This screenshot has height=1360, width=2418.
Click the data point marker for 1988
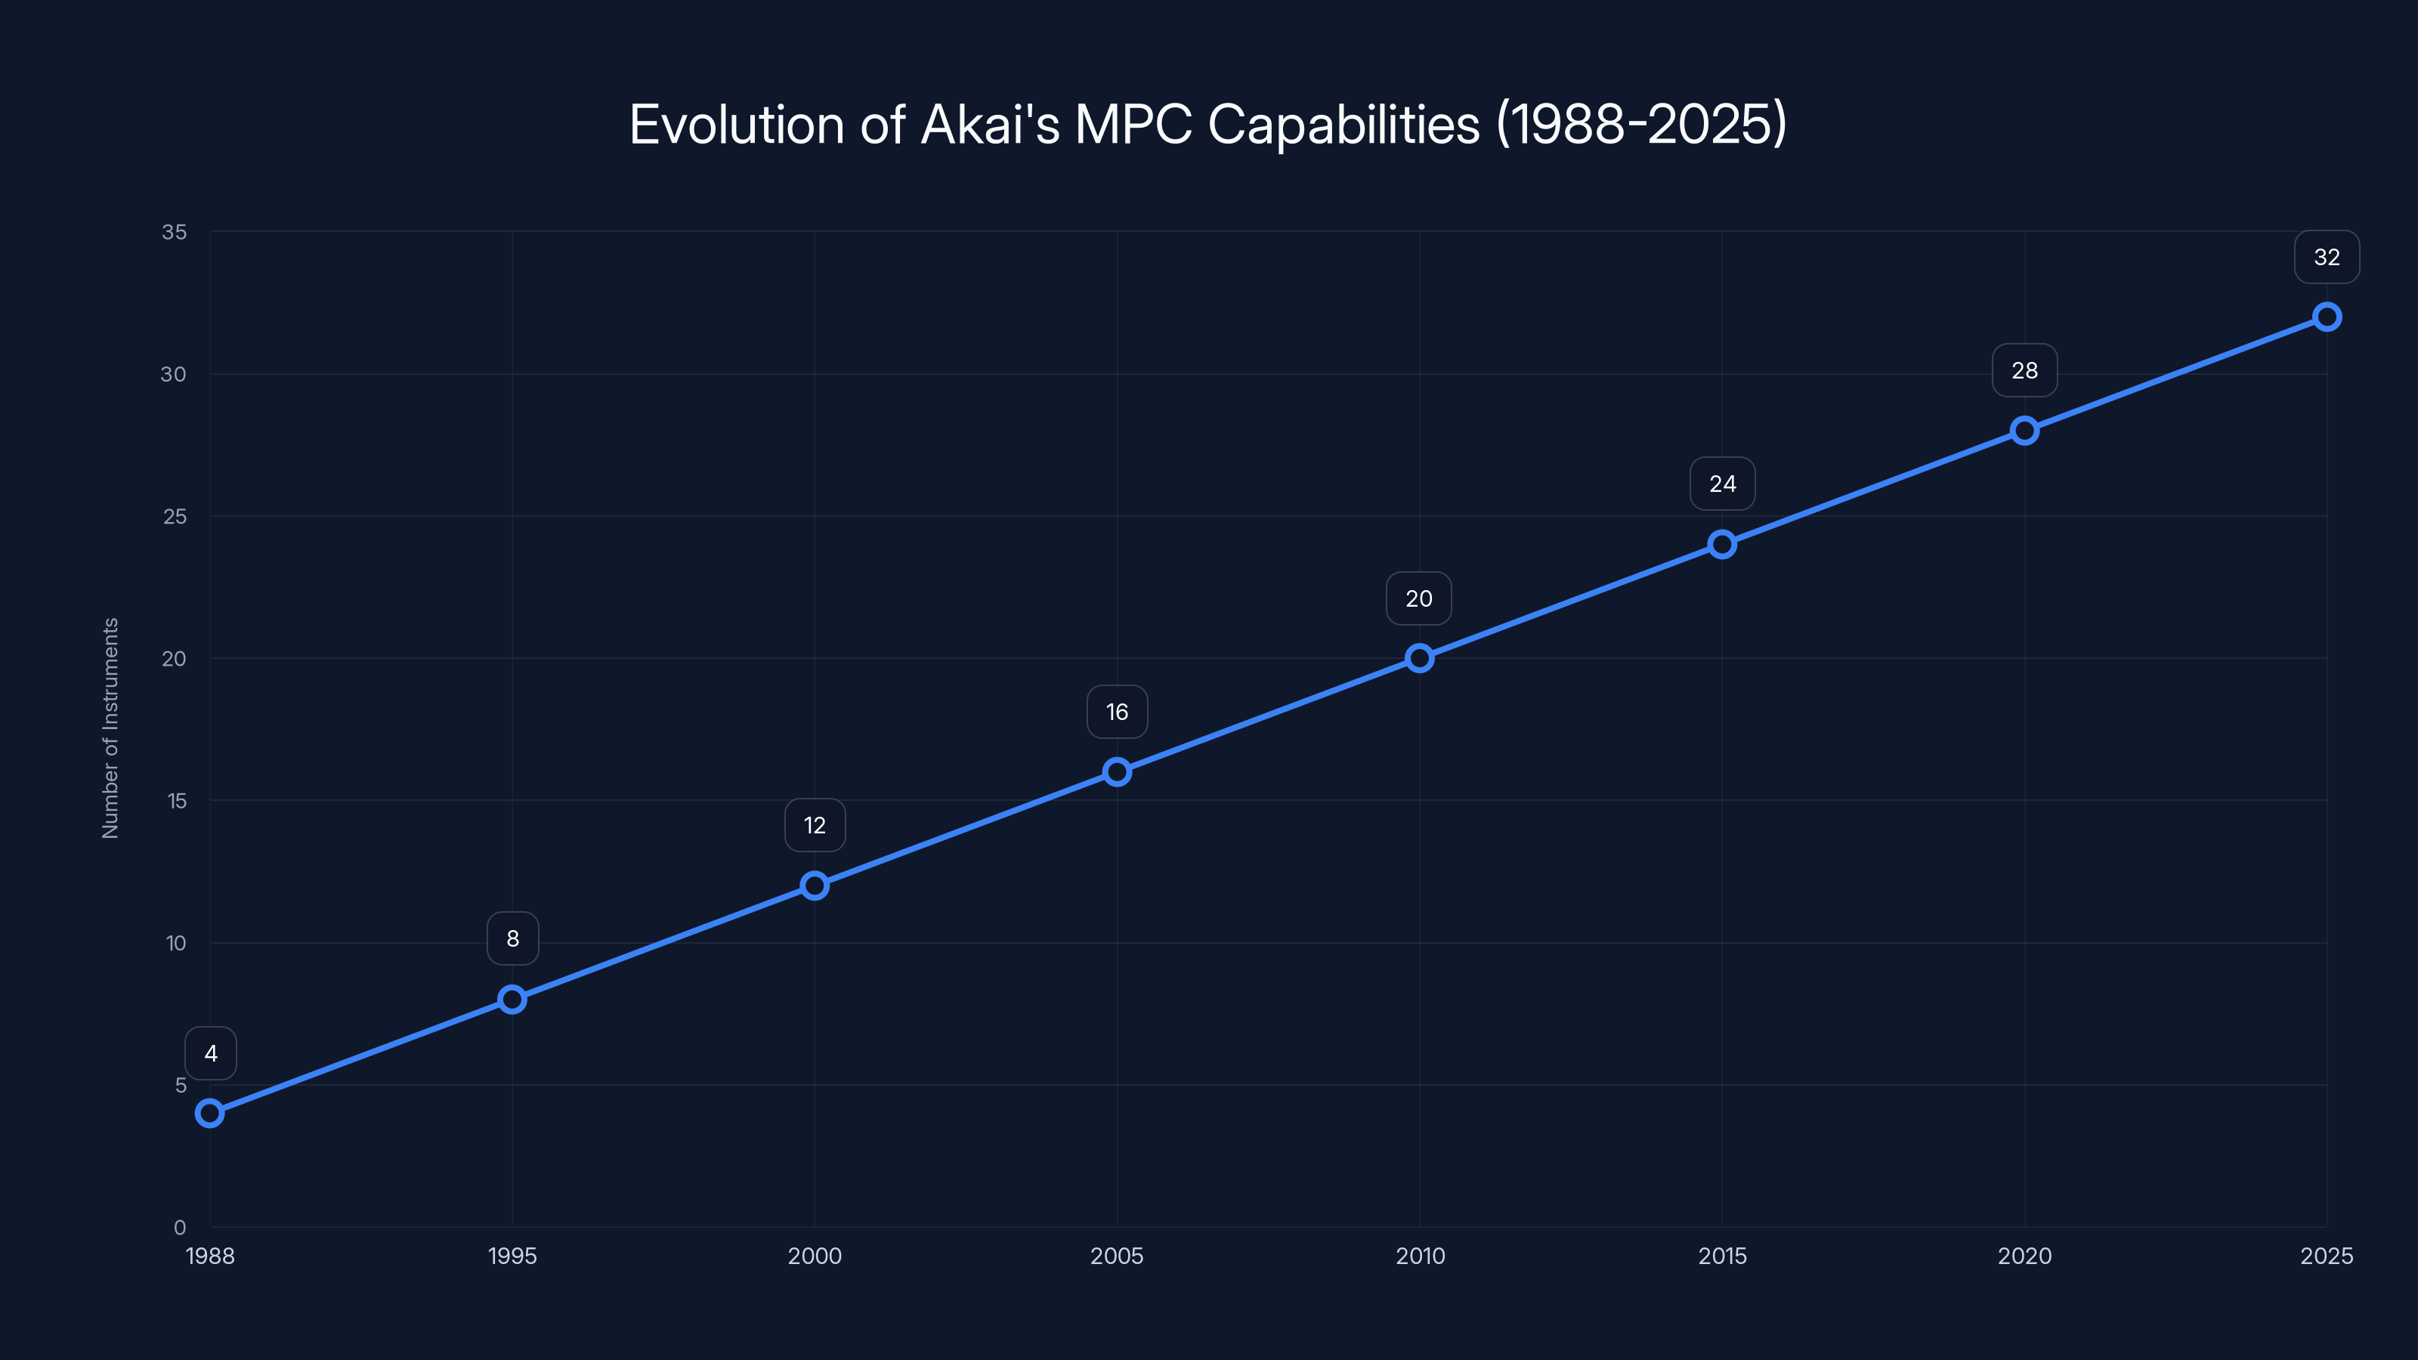tap(210, 1113)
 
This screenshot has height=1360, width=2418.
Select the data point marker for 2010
tap(1419, 658)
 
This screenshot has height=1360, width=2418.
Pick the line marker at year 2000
tap(815, 885)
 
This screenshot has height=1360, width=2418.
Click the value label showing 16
tap(1117, 712)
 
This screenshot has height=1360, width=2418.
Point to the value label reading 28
tap(2025, 371)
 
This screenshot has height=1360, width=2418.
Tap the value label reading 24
tap(1723, 484)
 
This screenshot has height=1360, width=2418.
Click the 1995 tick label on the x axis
tap(512, 1256)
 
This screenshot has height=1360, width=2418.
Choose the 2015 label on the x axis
tap(1723, 1256)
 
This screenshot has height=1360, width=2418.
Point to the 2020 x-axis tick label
tap(2025, 1256)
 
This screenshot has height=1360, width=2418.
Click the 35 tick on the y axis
tap(175, 232)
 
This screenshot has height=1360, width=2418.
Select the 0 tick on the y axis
tap(181, 1227)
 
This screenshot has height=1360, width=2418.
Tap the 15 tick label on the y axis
tap(177, 801)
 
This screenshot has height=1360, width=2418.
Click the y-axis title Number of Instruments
tap(111, 728)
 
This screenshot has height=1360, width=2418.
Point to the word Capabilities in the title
tap(1344, 125)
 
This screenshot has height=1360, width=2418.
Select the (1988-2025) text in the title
tap(1640, 125)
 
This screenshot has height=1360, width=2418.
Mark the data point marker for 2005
tap(1117, 771)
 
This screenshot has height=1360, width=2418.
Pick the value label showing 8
tap(512, 938)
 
